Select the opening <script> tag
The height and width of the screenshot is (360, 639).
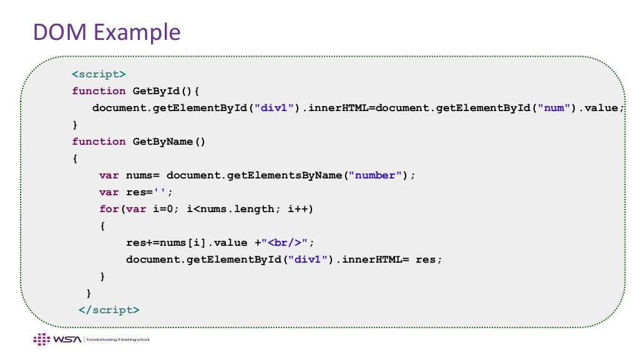[99, 74]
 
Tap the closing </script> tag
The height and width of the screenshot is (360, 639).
[109, 310]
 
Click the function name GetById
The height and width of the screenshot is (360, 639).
[156, 91]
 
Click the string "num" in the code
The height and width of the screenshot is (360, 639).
[557, 108]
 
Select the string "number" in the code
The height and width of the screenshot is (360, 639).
[375, 175]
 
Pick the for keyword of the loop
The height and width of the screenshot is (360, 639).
[109, 209]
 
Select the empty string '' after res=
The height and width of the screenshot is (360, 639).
[163, 192]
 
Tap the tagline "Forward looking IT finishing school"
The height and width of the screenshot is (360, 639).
[117, 340]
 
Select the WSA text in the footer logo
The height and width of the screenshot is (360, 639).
[64, 339]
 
